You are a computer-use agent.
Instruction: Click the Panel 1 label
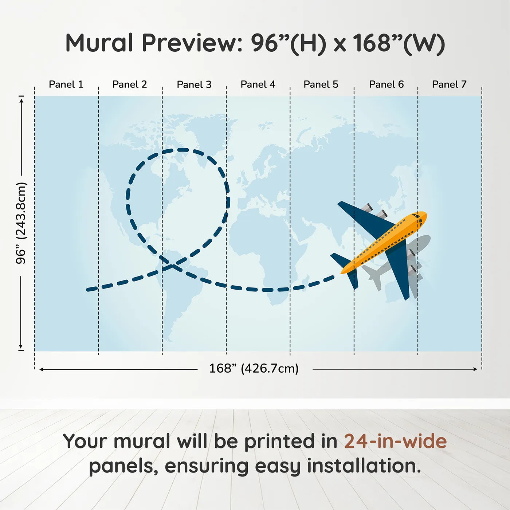66,85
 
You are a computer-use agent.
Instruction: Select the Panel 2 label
130,85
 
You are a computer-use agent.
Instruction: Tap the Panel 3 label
194,85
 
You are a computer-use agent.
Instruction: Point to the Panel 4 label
258,85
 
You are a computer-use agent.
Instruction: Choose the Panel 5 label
321,85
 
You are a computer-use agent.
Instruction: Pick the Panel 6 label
387,85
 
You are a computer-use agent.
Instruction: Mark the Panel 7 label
450,85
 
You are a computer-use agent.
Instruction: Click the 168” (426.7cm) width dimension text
254,368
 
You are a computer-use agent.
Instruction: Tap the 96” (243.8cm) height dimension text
21,223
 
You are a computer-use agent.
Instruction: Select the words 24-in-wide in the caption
395,442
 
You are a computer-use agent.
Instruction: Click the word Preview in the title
192,43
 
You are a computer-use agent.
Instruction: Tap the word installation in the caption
364,467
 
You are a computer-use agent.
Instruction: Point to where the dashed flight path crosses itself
172,266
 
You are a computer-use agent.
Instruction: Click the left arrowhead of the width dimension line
41,369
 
